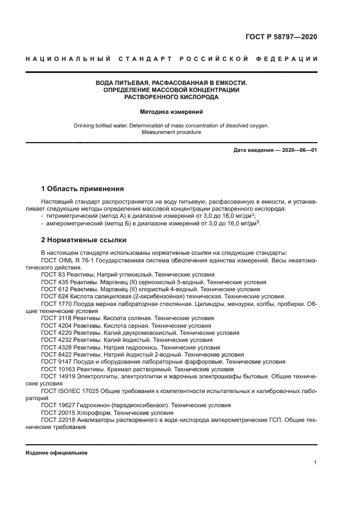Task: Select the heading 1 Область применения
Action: pos(82,189)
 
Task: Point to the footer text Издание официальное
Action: pos(57,453)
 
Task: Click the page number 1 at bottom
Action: pos(315,463)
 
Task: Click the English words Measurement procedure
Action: pos(171,132)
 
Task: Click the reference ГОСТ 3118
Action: pos(56,318)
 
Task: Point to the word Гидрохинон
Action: pos(93,406)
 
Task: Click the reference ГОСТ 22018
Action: pos(58,420)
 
